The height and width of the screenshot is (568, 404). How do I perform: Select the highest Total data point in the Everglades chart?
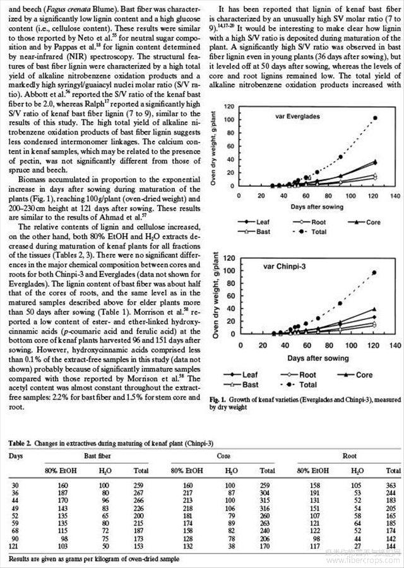coord(376,118)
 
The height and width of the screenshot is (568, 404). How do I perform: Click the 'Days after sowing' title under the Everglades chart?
coord(317,206)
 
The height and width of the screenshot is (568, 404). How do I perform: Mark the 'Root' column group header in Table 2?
coord(349,454)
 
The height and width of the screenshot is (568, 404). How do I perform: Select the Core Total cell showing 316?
coord(268,506)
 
